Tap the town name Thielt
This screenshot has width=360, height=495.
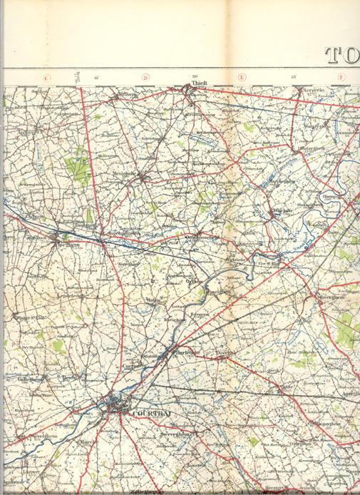(x=198, y=84)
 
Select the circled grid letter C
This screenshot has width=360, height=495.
(x=47, y=78)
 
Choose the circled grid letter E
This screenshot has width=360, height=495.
(x=242, y=78)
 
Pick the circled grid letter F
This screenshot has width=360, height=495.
(x=341, y=78)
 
